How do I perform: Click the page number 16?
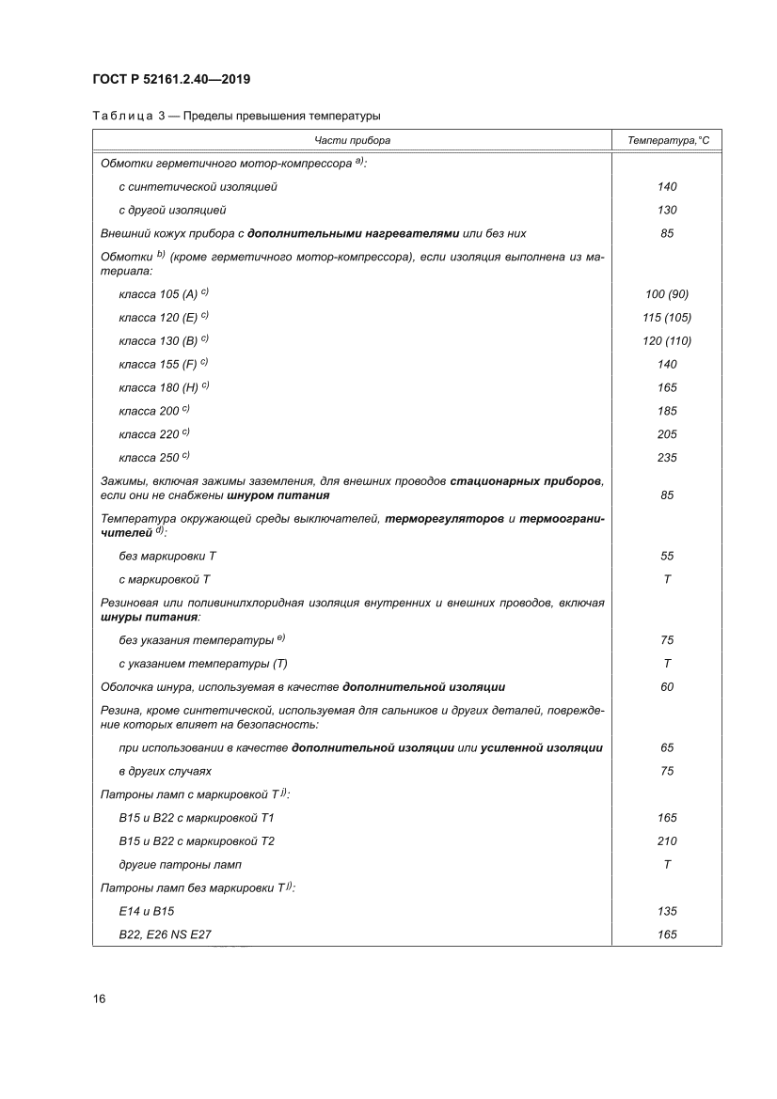coord(99,998)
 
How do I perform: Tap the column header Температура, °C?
coord(667,140)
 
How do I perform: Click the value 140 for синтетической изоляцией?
coord(667,187)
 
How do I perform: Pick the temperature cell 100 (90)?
coord(667,294)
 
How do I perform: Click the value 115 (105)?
coord(667,318)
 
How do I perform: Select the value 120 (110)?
coord(667,340)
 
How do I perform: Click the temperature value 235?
coord(667,458)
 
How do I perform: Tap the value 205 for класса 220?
coord(667,434)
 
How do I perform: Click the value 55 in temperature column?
coord(667,557)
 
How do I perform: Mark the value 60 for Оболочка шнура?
coord(667,687)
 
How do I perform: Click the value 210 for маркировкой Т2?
coord(667,841)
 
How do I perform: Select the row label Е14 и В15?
coord(147,912)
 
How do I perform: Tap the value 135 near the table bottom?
coord(667,912)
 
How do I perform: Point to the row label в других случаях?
coord(158,772)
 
